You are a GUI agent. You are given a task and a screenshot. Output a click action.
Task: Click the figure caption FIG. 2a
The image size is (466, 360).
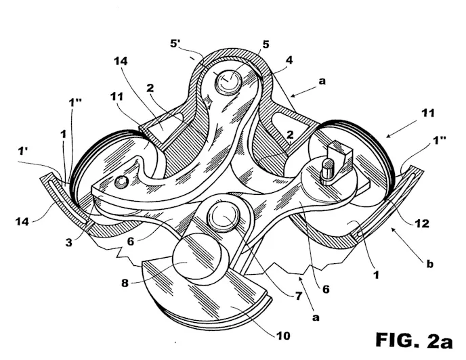tap(414, 340)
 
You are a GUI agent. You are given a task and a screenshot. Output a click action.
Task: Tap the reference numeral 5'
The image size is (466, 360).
tap(175, 44)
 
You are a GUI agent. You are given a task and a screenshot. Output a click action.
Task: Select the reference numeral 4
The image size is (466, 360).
tap(289, 60)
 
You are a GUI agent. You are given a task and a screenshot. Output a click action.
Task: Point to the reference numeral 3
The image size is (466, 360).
tap(68, 243)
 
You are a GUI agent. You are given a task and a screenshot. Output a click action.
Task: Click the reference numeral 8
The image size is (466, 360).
tap(125, 283)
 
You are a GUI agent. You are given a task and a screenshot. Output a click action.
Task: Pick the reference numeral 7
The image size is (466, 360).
tap(299, 296)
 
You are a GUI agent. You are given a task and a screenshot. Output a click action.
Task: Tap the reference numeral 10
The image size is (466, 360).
tap(283, 336)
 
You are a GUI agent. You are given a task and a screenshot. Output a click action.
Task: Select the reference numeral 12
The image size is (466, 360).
tap(423, 223)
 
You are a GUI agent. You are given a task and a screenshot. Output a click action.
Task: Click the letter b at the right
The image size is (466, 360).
tap(429, 264)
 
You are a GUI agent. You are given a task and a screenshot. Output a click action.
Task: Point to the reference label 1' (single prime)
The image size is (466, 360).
tap(22, 152)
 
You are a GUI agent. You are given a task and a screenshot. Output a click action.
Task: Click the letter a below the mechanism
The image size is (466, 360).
tap(316, 317)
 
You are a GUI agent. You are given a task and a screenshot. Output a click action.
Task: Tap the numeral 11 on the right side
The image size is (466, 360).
tap(428, 113)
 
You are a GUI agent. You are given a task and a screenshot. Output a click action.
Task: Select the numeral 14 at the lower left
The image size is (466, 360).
tap(22, 221)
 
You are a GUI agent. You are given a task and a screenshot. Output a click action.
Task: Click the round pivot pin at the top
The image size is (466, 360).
tap(228, 81)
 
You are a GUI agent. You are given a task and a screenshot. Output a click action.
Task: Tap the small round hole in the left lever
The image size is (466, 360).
tap(121, 181)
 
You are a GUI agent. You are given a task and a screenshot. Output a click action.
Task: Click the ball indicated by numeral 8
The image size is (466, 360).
tap(196, 255)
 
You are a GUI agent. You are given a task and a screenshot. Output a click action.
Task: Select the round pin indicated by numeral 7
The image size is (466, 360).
tap(224, 216)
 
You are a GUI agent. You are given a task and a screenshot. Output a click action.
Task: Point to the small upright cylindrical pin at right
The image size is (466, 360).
tap(328, 169)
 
